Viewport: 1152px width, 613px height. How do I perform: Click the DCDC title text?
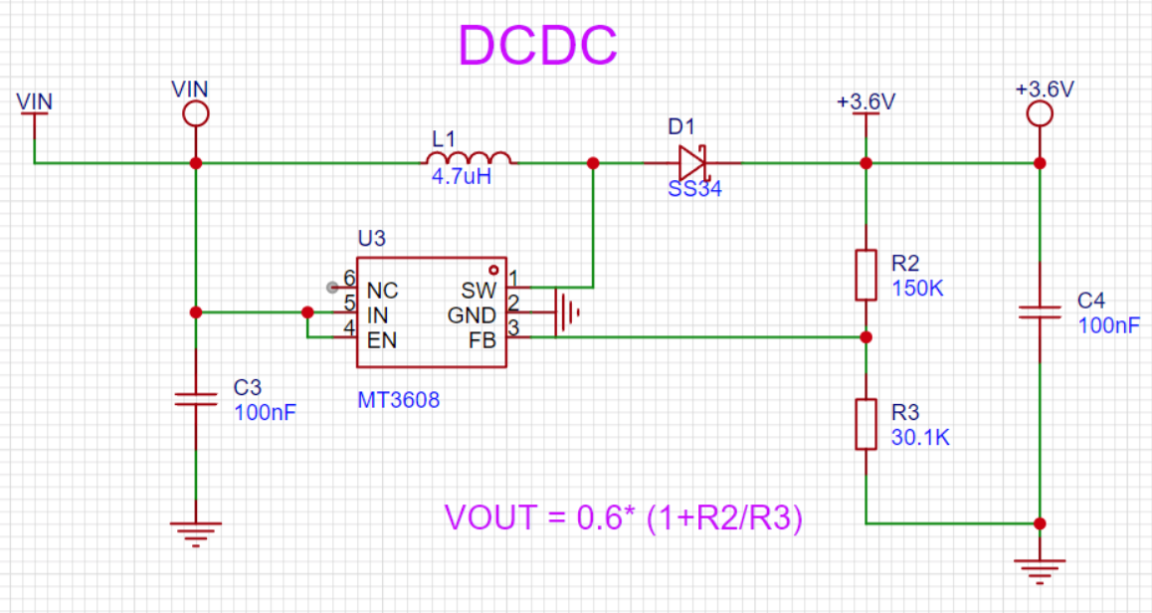(x=538, y=45)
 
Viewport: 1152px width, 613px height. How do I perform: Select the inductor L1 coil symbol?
(x=469, y=158)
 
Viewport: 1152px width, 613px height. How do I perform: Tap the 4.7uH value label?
(x=462, y=177)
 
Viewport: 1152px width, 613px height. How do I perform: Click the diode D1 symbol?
(x=692, y=162)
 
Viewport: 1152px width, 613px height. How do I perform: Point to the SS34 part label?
(x=694, y=189)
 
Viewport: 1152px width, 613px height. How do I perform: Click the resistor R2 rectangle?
(x=866, y=275)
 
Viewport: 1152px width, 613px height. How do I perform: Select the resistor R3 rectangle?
(x=866, y=424)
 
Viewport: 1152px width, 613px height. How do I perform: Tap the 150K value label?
(x=917, y=289)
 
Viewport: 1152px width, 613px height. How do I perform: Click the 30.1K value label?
(x=920, y=437)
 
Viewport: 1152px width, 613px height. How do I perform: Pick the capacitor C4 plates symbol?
(x=1040, y=312)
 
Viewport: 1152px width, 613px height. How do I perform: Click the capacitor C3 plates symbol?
(x=195, y=399)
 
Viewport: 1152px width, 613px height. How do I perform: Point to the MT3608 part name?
(x=398, y=400)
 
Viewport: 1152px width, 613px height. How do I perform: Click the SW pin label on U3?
(x=480, y=290)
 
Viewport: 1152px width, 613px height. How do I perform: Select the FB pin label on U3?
(x=482, y=340)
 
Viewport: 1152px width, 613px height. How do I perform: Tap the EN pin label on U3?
(x=382, y=340)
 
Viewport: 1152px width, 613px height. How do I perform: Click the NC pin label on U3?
(x=382, y=291)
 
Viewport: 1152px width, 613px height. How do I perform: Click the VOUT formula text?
(x=624, y=517)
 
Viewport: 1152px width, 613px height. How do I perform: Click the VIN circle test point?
(x=195, y=113)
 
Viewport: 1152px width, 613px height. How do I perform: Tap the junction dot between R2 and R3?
(x=866, y=337)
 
